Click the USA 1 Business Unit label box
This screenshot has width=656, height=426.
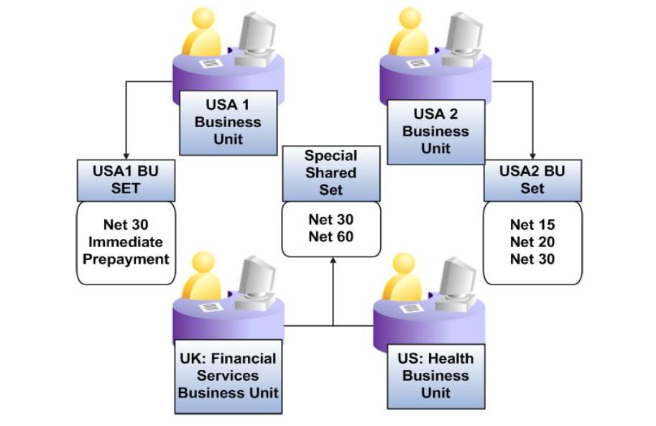coord(227,122)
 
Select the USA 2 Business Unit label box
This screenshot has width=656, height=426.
coord(435,131)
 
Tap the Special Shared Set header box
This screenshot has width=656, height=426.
coord(331,172)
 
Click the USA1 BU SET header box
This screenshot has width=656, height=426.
coord(126,180)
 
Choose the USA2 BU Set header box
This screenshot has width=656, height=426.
coord(532,180)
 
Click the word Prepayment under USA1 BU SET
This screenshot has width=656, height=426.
coord(126,259)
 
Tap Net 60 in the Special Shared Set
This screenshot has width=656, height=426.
coord(331,236)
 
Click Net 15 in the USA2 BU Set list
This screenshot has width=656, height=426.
coord(532,225)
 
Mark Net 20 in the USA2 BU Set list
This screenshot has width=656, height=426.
coord(532,242)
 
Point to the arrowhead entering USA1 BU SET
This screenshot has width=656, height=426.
coord(126,154)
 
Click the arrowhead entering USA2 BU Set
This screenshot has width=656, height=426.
coord(532,154)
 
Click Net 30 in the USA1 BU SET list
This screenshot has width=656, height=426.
coord(126,225)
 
